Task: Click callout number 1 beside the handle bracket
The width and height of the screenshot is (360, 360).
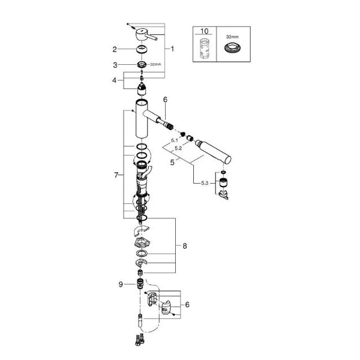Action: pyautogui.click(x=172, y=49)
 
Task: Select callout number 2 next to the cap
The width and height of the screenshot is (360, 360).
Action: pyautogui.click(x=115, y=49)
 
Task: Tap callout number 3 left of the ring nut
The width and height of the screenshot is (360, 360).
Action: pyautogui.click(x=115, y=65)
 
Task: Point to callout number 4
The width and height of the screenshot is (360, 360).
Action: pyautogui.click(x=115, y=80)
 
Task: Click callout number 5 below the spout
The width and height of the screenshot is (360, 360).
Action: pyautogui.click(x=172, y=163)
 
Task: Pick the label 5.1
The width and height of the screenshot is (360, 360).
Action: pyautogui.click(x=175, y=140)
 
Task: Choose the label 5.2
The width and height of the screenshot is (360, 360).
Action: pyautogui.click(x=178, y=148)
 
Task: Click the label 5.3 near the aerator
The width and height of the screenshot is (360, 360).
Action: pyautogui.click(x=205, y=183)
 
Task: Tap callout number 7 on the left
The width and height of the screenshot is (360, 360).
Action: pyautogui.click(x=116, y=175)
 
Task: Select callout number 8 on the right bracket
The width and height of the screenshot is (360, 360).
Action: pyautogui.click(x=185, y=246)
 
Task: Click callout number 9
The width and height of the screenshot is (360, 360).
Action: pyautogui.click(x=121, y=284)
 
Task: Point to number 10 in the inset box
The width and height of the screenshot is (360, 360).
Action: pyautogui.click(x=205, y=31)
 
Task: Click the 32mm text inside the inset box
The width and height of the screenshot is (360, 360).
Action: pyautogui.click(x=232, y=37)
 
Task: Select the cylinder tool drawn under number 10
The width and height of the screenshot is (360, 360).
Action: pyautogui.click(x=205, y=48)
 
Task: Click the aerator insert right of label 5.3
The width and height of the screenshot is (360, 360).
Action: pyautogui.click(x=222, y=182)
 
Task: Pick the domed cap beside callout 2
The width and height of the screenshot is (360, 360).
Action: pyautogui.click(x=142, y=49)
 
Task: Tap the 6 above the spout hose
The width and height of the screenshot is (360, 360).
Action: pyautogui.click(x=166, y=100)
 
